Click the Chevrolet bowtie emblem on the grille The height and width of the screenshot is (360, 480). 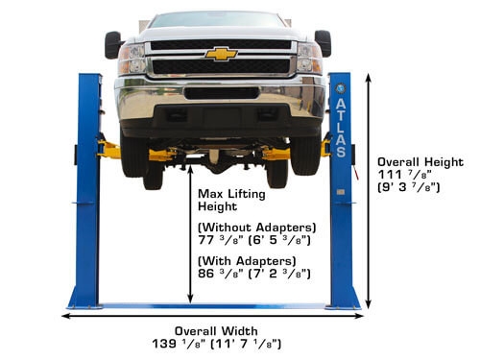click(221, 54)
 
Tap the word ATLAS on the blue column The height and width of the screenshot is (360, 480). click(341, 128)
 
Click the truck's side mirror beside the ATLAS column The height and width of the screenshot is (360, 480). click(323, 43)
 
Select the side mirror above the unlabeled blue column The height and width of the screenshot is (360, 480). click(112, 45)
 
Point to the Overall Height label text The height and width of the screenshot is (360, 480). click(420, 162)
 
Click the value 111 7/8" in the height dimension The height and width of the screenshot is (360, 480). click(405, 175)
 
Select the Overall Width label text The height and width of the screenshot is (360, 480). click(216, 331)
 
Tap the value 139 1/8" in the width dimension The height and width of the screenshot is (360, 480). click(181, 344)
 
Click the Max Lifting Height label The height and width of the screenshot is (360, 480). click(231, 200)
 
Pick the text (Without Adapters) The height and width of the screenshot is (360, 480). click(257, 228)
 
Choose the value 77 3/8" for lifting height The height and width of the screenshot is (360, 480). click(221, 240)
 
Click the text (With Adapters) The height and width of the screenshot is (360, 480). click(247, 261)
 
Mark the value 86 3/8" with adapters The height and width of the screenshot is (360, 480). click(221, 274)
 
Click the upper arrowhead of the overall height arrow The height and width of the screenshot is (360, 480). click(369, 78)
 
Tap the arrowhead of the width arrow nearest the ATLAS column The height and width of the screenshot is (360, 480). click(359, 316)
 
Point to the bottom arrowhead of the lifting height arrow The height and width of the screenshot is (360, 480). click(190, 299)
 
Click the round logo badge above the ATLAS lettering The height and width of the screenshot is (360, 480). click(340, 88)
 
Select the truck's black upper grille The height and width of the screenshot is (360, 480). click(221, 44)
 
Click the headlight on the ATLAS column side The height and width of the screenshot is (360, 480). click(309, 58)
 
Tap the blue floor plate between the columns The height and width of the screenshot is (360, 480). click(214, 306)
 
